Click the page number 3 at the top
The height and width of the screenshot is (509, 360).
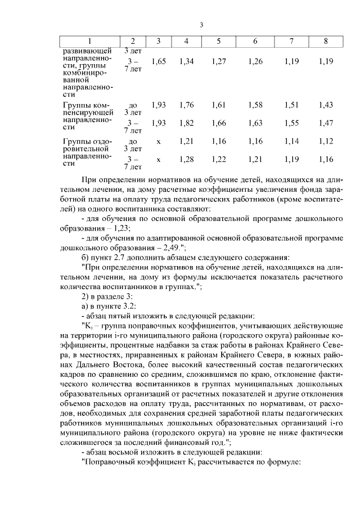point(201,24)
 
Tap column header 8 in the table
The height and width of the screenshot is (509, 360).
point(326,42)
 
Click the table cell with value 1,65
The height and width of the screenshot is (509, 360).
point(159,61)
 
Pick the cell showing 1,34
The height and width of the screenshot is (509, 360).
point(186,61)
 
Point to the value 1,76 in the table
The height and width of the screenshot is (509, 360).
point(186,105)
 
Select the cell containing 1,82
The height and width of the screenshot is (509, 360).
point(186,123)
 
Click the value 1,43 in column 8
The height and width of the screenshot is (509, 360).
point(326,105)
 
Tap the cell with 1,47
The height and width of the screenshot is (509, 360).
point(326,123)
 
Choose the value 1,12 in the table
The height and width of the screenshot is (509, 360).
point(326,141)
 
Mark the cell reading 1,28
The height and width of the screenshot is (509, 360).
point(186,160)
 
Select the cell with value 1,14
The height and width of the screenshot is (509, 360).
point(291,141)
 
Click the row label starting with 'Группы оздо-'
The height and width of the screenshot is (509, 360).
point(88,141)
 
